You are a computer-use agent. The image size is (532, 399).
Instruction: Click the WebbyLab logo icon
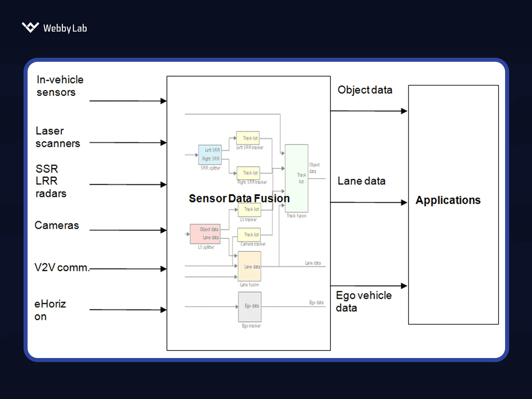click(x=30, y=27)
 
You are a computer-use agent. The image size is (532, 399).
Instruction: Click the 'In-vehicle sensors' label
click(x=60, y=86)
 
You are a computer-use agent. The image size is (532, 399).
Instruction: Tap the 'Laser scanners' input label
click(x=58, y=137)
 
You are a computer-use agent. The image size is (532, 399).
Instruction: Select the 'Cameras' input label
click(x=57, y=225)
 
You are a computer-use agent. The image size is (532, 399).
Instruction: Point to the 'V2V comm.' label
click(x=62, y=268)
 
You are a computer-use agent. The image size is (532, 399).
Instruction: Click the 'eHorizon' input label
click(x=50, y=310)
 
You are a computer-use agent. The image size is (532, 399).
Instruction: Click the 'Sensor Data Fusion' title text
click(x=239, y=198)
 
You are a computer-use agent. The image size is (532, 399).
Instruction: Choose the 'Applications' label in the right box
click(x=448, y=200)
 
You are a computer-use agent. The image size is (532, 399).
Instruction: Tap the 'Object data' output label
click(x=365, y=90)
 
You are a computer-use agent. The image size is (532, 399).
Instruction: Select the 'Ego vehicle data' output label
click(x=364, y=301)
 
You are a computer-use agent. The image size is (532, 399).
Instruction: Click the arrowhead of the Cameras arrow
click(x=163, y=230)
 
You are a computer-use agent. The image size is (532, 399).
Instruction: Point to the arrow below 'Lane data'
click(x=369, y=202)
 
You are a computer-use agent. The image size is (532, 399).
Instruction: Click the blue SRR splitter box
click(x=210, y=154)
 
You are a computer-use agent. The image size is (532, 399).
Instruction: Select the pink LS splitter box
click(x=205, y=234)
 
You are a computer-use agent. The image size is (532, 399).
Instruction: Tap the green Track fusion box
click(x=297, y=178)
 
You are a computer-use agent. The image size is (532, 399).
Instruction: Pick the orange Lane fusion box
click(x=250, y=266)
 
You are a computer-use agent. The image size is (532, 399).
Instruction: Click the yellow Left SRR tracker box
click(x=248, y=138)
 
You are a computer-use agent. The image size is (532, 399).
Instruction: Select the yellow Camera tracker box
click(x=249, y=235)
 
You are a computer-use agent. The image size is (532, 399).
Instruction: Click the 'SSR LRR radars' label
click(x=51, y=181)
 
